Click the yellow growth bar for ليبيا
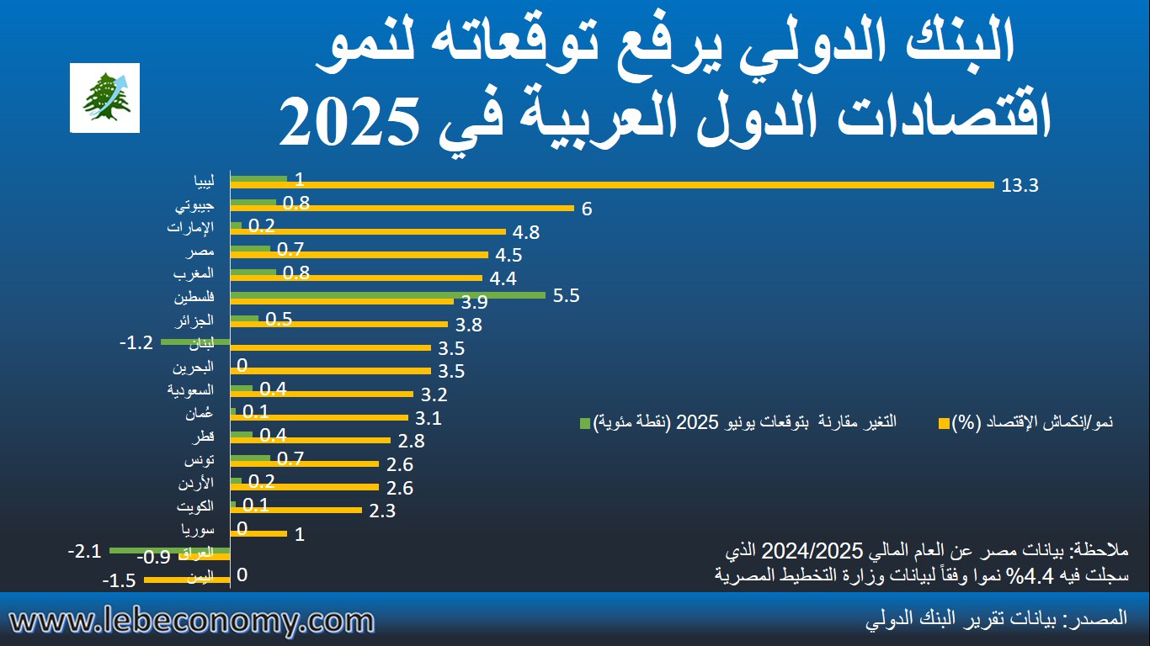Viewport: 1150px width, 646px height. [x=612, y=185]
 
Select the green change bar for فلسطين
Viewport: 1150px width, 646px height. [x=388, y=295]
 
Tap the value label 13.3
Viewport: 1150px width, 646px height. [x=1020, y=186]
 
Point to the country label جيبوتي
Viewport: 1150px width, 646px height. [x=196, y=204]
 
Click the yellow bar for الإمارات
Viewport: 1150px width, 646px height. [x=368, y=231]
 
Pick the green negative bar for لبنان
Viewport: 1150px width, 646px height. [x=195, y=342]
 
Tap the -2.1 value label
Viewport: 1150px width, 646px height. [x=84, y=552]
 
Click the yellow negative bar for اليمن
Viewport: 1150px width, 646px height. [x=187, y=579]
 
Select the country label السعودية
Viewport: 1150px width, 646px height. [x=192, y=389]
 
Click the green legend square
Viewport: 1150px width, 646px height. [x=585, y=421]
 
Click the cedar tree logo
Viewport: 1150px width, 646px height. [x=104, y=97]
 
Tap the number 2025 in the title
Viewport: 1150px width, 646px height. [x=350, y=120]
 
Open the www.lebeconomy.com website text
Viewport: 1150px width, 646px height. [x=192, y=622]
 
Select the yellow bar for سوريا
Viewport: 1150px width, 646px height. [x=258, y=533]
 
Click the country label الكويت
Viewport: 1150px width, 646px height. [x=194, y=506]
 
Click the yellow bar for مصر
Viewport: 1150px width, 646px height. [x=359, y=254]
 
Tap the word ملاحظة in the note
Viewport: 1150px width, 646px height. [x=1098, y=552]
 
